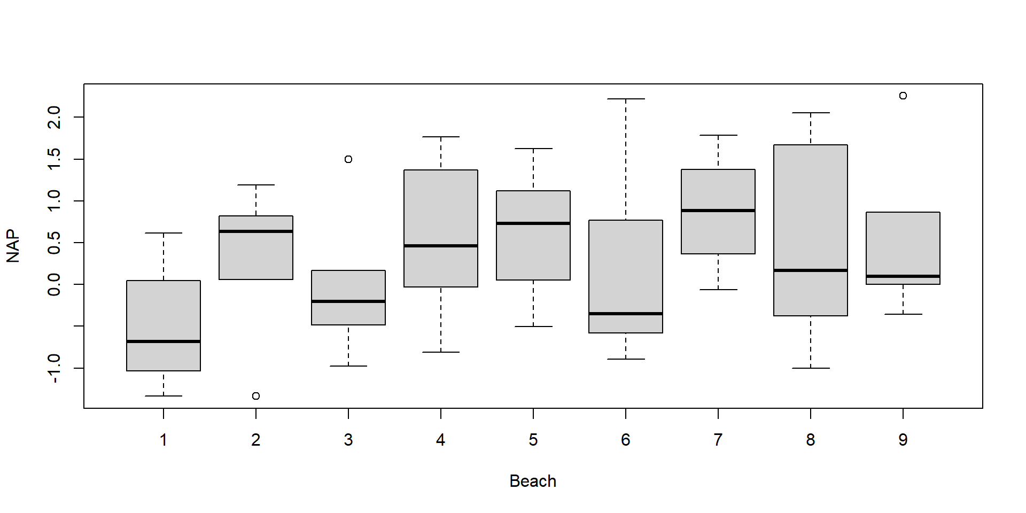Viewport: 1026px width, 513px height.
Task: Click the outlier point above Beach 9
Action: (903, 96)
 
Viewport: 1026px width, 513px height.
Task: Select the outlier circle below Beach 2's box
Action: (256, 396)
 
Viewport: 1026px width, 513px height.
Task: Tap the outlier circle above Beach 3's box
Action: (348, 159)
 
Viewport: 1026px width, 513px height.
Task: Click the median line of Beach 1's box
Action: (164, 341)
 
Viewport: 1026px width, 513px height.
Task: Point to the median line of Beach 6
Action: (626, 314)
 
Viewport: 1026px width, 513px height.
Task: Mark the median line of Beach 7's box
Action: (718, 211)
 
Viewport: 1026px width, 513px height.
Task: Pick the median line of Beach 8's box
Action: (811, 270)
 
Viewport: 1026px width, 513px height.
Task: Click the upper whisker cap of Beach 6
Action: (626, 99)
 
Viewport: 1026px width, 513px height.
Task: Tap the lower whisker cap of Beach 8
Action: (811, 368)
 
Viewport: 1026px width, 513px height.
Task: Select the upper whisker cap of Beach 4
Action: (441, 137)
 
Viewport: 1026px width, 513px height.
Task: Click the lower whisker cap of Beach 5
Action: (533, 327)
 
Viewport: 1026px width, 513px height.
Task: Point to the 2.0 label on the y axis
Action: (54, 117)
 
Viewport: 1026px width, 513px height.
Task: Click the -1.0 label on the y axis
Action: (54, 368)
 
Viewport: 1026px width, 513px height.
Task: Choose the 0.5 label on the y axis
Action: (54, 243)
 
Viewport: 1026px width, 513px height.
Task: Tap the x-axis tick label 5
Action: (533, 440)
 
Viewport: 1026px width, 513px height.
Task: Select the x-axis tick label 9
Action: (903, 440)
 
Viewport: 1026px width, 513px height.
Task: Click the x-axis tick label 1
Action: (164, 440)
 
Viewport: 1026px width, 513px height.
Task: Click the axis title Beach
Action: (533, 481)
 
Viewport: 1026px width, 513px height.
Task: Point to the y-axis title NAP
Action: (13, 246)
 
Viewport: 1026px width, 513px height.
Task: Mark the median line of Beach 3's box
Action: (348, 301)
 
